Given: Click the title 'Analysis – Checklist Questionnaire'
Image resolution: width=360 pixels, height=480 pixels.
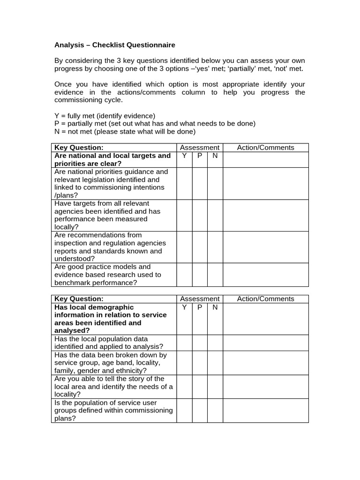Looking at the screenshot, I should pos(115,45).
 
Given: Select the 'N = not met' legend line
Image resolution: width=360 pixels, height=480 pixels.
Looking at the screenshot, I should pos(125,132).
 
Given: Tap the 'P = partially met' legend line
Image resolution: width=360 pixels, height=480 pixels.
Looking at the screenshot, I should pos(155,124).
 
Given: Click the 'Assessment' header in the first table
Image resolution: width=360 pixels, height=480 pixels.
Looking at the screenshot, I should pos(200,148).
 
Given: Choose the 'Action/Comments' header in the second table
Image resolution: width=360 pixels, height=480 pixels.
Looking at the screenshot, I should pos(265,299).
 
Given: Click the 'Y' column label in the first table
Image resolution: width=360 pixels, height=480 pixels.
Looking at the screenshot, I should pos(184,156).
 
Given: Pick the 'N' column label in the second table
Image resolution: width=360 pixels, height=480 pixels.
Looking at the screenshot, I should pos(215,307).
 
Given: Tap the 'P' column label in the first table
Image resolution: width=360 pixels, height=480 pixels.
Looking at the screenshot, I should pos(200,156).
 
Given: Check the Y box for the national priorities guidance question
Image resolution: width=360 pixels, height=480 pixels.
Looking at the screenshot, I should pos(184,183).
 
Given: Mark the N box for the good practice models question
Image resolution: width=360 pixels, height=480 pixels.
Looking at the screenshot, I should pos(215,275).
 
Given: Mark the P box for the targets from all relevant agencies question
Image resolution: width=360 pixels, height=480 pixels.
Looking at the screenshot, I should pos(200,215).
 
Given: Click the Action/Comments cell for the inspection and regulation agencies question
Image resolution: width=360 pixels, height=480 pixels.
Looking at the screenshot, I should pos(265,247).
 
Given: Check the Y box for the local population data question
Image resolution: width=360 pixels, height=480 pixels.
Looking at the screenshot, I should pos(184,343).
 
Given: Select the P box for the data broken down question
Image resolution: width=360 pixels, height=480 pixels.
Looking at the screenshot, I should pos(200,363).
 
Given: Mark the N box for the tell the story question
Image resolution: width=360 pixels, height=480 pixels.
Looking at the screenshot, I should pos(215,387).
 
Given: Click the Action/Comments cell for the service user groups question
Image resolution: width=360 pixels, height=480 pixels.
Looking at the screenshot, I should pos(265,411).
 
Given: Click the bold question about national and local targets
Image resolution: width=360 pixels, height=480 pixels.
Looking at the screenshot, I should pos(112,159).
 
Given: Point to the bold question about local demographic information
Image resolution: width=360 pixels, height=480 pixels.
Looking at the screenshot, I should pos(111,319).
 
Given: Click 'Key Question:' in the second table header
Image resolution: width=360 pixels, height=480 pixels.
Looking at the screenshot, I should pos(79,299).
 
